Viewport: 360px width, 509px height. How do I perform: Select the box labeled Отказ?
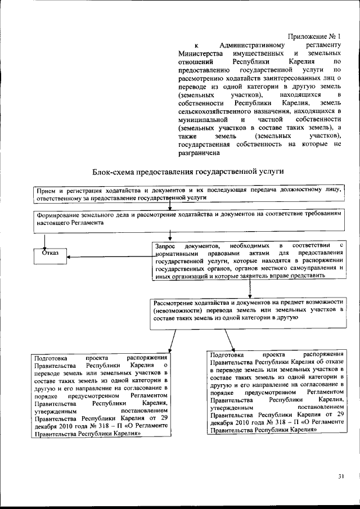[50, 253]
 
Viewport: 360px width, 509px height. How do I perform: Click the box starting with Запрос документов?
[248, 261]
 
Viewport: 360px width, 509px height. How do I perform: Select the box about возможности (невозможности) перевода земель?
[247, 313]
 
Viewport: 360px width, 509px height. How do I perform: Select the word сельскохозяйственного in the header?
[211, 111]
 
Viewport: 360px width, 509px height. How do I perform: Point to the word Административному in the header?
[254, 44]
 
